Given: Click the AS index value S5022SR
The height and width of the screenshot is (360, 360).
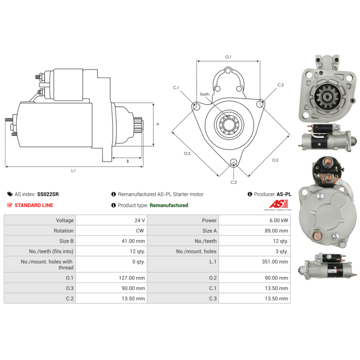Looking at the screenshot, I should (x=48, y=194).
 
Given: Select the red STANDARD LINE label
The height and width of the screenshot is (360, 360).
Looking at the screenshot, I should (x=34, y=205).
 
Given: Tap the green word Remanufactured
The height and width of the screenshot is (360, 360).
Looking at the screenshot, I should (x=169, y=205).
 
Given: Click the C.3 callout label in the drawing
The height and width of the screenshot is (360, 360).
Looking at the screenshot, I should (x=234, y=182).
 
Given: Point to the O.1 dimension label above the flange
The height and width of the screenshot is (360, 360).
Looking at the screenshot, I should (x=228, y=57).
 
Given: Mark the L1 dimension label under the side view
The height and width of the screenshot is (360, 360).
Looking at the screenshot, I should (x=73, y=171).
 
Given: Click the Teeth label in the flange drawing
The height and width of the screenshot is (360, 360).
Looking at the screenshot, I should (x=205, y=94).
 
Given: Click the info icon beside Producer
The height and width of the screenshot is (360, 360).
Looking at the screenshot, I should (x=250, y=194).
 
